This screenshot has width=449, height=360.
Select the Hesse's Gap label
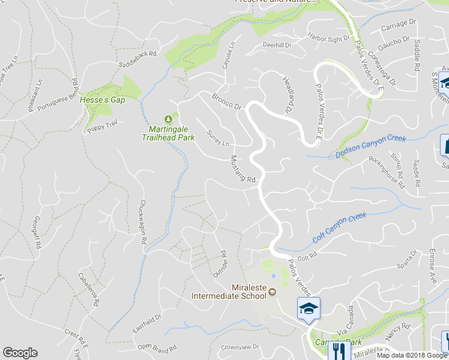coord(102,100)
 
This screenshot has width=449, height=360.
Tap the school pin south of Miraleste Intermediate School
coord(309,309)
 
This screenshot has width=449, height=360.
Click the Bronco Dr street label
coord(226,101)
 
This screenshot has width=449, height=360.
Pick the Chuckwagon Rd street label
coord(143,221)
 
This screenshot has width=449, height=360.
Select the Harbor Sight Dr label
coord(328,39)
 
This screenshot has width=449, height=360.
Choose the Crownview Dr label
coord(239,347)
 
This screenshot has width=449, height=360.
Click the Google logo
coord(20,353)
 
